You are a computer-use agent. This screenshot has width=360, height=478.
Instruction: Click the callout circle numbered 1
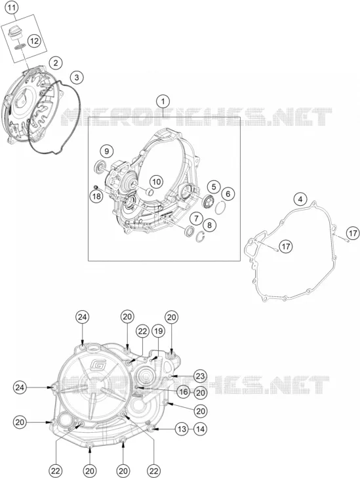[x=163, y=101]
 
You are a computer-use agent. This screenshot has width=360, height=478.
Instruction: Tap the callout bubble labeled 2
[x=56, y=63]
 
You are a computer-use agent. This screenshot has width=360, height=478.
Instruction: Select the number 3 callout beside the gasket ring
[x=77, y=77]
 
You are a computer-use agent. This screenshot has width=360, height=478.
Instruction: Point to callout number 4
[x=300, y=199]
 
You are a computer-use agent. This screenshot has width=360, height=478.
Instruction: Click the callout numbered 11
[x=11, y=8]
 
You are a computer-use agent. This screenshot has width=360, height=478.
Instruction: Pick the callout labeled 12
[x=35, y=41]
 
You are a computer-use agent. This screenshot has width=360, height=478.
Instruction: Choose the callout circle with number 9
[x=106, y=151]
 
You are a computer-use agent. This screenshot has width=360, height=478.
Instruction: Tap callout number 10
[x=156, y=182]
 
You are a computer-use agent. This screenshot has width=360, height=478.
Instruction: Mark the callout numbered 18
[x=96, y=196]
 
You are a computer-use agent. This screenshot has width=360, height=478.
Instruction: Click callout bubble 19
[x=158, y=330]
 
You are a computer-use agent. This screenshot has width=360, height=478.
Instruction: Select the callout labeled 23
[x=200, y=376]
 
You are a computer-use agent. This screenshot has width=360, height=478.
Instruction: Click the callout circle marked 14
[x=200, y=429]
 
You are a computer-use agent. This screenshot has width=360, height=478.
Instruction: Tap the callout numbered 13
[x=182, y=429]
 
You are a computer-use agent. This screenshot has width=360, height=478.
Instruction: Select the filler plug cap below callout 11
[x=13, y=32]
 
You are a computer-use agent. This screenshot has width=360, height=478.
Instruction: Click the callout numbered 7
[x=197, y=218]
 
